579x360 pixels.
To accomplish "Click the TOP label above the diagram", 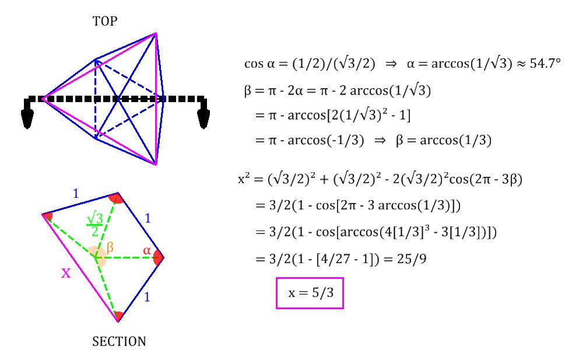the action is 105,22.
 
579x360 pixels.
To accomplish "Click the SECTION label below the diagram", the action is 119,341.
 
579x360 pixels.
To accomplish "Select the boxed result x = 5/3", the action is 310,293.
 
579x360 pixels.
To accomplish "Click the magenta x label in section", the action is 66,272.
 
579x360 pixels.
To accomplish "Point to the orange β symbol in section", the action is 109,247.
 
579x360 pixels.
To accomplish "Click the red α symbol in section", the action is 147,251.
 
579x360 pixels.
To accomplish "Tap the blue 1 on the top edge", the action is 75,194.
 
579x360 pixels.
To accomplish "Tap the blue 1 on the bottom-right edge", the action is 147,296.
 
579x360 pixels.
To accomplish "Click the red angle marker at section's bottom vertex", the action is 118,317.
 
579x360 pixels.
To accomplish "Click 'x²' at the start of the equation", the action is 244,180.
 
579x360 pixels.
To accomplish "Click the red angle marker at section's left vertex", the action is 48,216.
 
